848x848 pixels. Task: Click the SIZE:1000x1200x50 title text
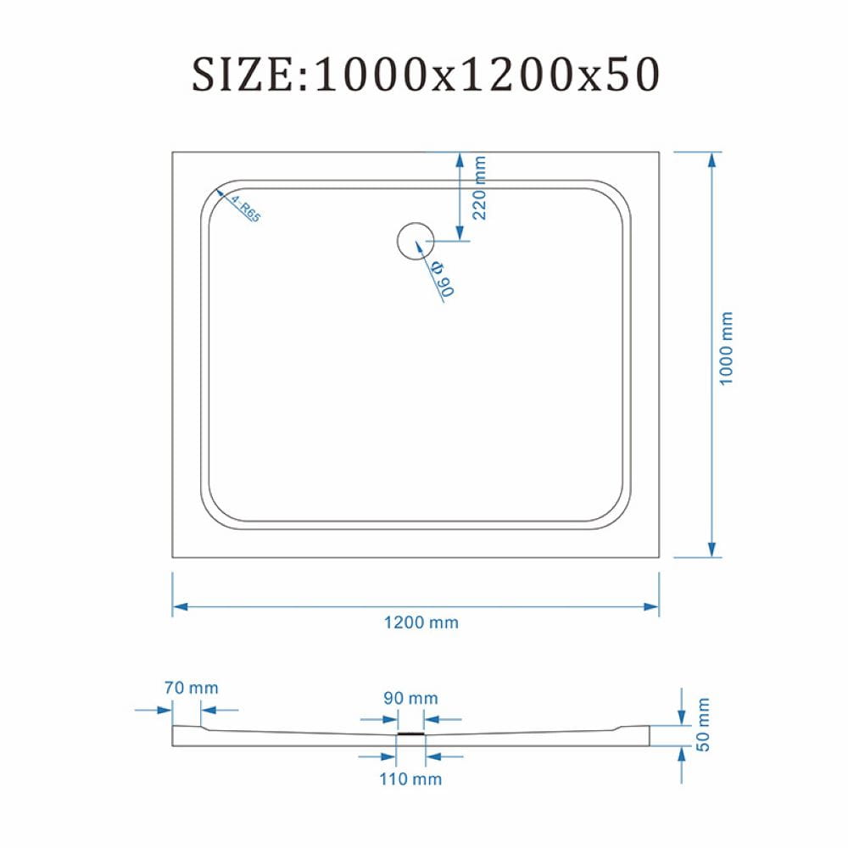pyautogui.click(x=426, y=74)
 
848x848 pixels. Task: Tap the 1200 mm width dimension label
pyautogui.click(x=421, y=622)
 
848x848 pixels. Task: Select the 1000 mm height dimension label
pyautogui.click(x=726, y=349)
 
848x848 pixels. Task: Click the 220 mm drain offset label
pyautogui.click(x=479, y=187)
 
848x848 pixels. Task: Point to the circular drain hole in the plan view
pyautogui.click(x=416, y=241)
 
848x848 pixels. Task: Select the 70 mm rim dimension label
pyautogui.click(x=192, y=688)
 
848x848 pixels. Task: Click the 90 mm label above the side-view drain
pyautogui.click(x=410, y=698)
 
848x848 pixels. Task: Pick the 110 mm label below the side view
pyautogui.click(x=410, y=779)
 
